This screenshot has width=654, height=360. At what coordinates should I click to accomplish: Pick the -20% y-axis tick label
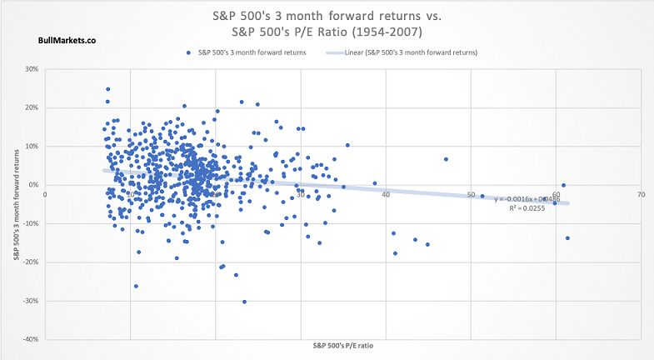pyautogui.click(x=32, y=262)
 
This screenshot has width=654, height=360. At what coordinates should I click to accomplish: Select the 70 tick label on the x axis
pyautogui.click(x=641, y=194)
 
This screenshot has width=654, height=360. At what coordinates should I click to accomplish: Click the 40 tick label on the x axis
pyautogui.click(x=386, y=194)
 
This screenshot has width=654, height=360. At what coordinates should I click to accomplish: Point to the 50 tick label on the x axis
pyautogui.click(x=471, y=194)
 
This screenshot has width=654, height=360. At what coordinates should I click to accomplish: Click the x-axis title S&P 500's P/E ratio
pyautogui.click(x=342, y=345)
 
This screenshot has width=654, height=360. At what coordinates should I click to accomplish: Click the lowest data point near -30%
pyautogui.click(x=244, y=302)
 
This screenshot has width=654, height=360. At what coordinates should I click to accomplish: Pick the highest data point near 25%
pyautogui.click(x=108, y=89)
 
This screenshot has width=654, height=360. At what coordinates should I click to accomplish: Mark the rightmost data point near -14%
pyautogui.click(x=567, y=238)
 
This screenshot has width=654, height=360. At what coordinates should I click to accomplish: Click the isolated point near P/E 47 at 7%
pyautogui.click(x=446, y=159)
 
